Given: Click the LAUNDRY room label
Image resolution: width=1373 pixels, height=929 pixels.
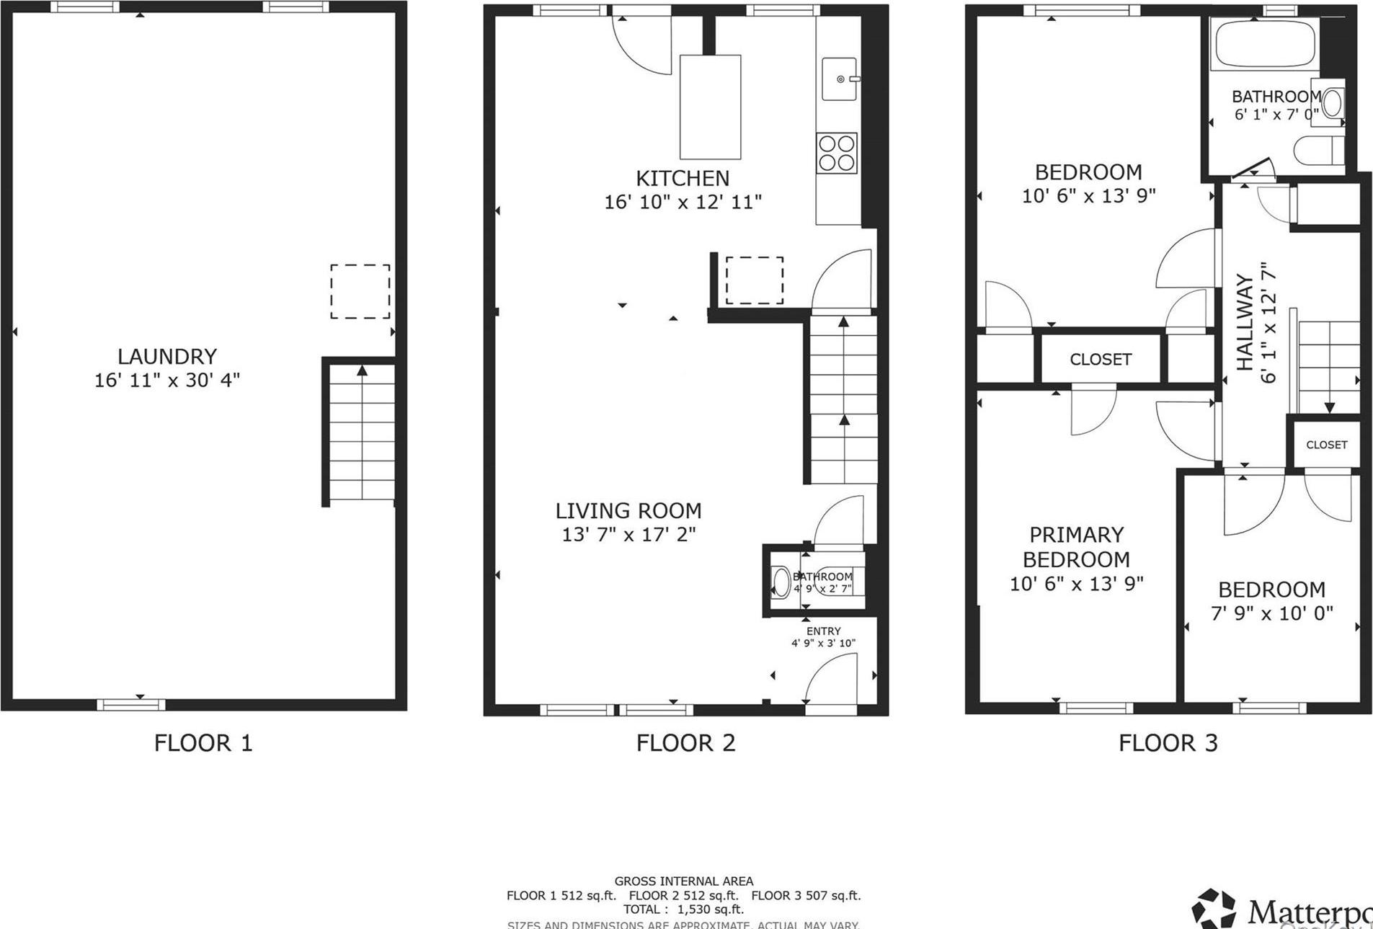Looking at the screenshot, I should click(x=167, y=356).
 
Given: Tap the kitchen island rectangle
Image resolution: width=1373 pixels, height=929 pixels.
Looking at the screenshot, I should click(x=710, y=107).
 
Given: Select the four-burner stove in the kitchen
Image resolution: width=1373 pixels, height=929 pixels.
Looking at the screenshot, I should click(x=837, y=153).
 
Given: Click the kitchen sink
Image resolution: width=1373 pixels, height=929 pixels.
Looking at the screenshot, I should click(x=840, y=79).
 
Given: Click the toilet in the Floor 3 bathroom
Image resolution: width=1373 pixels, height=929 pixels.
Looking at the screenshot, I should click(x=1318, y=151).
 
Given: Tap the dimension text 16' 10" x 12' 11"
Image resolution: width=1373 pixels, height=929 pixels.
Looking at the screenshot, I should click(x=683, y=202).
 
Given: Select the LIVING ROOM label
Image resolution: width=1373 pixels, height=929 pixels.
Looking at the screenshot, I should click(x=628, y=510).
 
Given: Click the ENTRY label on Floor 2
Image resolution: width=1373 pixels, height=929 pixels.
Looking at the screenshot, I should click(x=823, y=631).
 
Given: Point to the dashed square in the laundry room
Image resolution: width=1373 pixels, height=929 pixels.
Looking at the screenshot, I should click(x=360, y=291).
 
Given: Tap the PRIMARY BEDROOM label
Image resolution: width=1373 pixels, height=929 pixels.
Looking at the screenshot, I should click(x=1076, y=547).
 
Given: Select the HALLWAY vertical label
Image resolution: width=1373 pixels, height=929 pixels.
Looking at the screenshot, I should click(x=1245, y=322).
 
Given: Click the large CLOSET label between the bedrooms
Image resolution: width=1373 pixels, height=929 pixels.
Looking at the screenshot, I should click(x=1100, y=359).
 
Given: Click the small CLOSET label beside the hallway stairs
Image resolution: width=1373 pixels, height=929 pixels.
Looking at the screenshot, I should click(x=1326, y=445).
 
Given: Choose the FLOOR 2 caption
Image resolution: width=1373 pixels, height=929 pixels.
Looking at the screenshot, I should click(x=685, y=743).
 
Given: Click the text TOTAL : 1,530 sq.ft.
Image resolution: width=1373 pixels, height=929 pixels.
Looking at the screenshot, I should click(x=683, y=909).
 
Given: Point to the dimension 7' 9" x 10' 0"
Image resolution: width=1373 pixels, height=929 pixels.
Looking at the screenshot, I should click(x=1271, y=613).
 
